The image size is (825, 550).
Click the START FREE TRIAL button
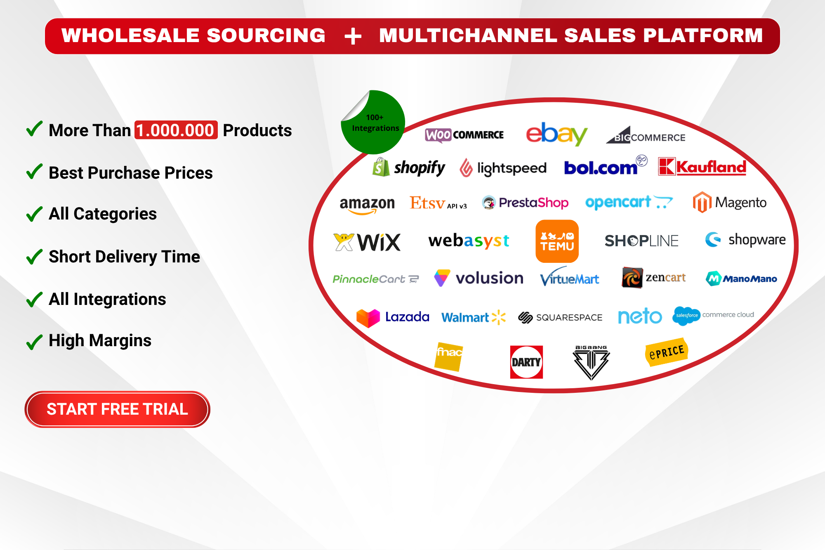click(x=118, y=409)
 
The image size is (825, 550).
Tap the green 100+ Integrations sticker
click(x=373, y=123)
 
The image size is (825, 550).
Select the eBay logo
click(x=556, y=134)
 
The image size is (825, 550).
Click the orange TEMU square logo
click(x=557, y=241)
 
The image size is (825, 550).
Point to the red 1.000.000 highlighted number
click(x=176, y=130)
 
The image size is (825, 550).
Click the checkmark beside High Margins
click(x=34, y=342)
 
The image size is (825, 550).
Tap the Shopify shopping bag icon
click(x=381, y=167)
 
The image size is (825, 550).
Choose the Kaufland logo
click(x=702, y=167)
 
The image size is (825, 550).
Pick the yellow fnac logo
click(x=449, y=356)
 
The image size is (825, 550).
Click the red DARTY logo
click(x=526, y=362)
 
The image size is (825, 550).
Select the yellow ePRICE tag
click(x=667, y=352)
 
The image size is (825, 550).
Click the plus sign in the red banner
click(x=353, y=36)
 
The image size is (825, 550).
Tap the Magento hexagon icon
click(x=702, y=202)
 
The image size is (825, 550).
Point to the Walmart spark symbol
click(x=499, y=317)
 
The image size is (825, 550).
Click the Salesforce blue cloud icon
click(x=686, y=316)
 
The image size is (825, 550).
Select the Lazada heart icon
click(x=368, y=318)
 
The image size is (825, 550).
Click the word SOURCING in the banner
click(x=266, y=35)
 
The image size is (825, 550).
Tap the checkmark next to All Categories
click(x=34, y=214)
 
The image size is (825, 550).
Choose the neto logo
click(x=640, y=316)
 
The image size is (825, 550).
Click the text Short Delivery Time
click(x=125, y=257)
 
